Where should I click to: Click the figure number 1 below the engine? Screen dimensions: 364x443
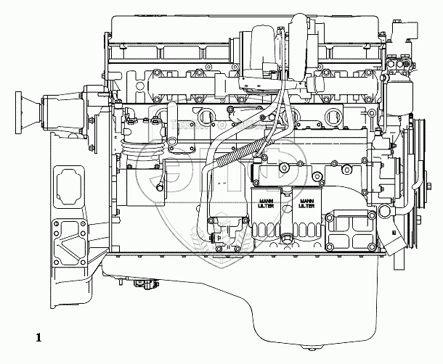[x=38, y=336]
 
